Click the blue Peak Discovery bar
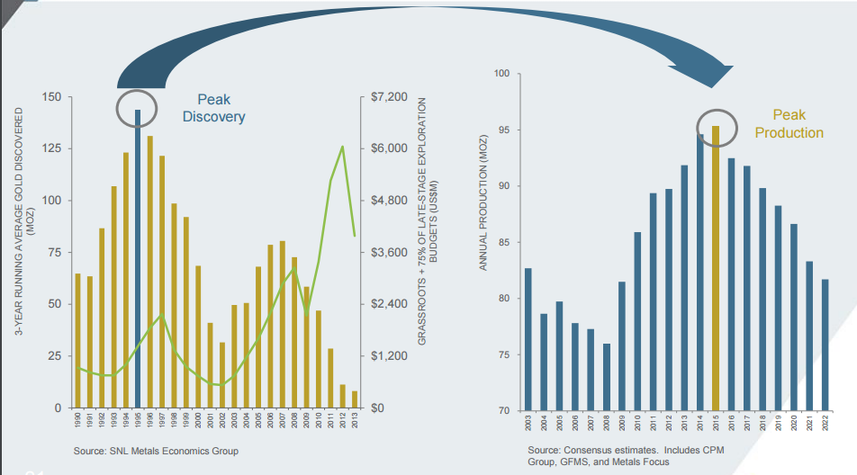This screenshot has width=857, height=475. (138, 261)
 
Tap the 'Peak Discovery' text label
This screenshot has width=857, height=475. (213, 109)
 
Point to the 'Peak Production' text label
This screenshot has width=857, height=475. (789, 124)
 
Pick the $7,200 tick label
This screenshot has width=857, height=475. (389, 96)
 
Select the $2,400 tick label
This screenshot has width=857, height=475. (389, 304)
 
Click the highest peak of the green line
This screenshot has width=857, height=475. (342, 147)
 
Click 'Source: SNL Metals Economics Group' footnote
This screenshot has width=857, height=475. (157, 450)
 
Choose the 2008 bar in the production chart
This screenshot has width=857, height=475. (607, 377)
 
